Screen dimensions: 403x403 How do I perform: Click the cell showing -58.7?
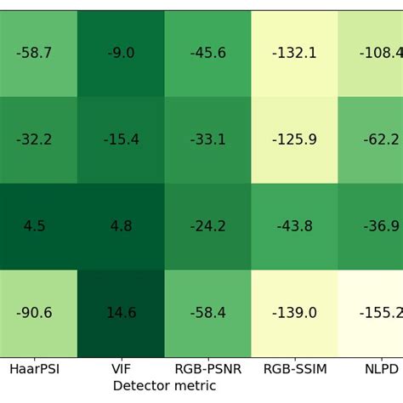34,54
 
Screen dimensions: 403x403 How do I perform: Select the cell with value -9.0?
121,54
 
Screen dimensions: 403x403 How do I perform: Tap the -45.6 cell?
207,54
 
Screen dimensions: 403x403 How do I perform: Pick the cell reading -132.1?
294,54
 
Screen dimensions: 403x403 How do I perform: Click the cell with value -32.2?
34,140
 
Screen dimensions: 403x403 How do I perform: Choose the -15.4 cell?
121,140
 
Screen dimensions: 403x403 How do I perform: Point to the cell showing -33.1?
207,140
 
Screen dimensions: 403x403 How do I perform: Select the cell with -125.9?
294,140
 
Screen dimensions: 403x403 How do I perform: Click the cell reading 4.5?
34,227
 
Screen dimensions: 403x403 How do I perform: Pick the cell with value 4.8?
121,227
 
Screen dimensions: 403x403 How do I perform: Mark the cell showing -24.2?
207,227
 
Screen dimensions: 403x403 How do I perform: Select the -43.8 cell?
294,227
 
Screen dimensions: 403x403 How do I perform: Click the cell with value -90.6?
34,314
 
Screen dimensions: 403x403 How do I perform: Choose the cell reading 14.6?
121,314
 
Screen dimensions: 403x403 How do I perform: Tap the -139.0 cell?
294,314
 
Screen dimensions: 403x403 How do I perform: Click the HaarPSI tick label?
34,370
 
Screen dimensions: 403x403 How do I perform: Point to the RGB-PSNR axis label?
207,370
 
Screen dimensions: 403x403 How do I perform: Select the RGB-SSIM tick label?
294,370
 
